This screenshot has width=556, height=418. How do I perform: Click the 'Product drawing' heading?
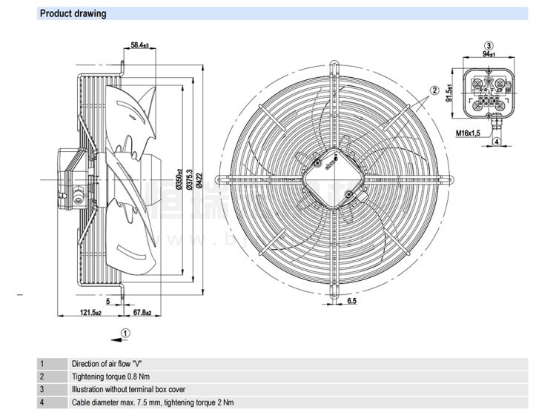(x=73, y=13)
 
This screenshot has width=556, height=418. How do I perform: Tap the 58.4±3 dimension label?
(x=139, y=46)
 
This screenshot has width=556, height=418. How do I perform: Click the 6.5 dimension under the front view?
(x=353, y=302)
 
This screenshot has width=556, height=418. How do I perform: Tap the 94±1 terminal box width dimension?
(x=488, y=54)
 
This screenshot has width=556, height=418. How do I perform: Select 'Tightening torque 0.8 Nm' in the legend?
(x=110, y=376)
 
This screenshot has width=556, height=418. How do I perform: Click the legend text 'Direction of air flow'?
(x=106, y=364)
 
